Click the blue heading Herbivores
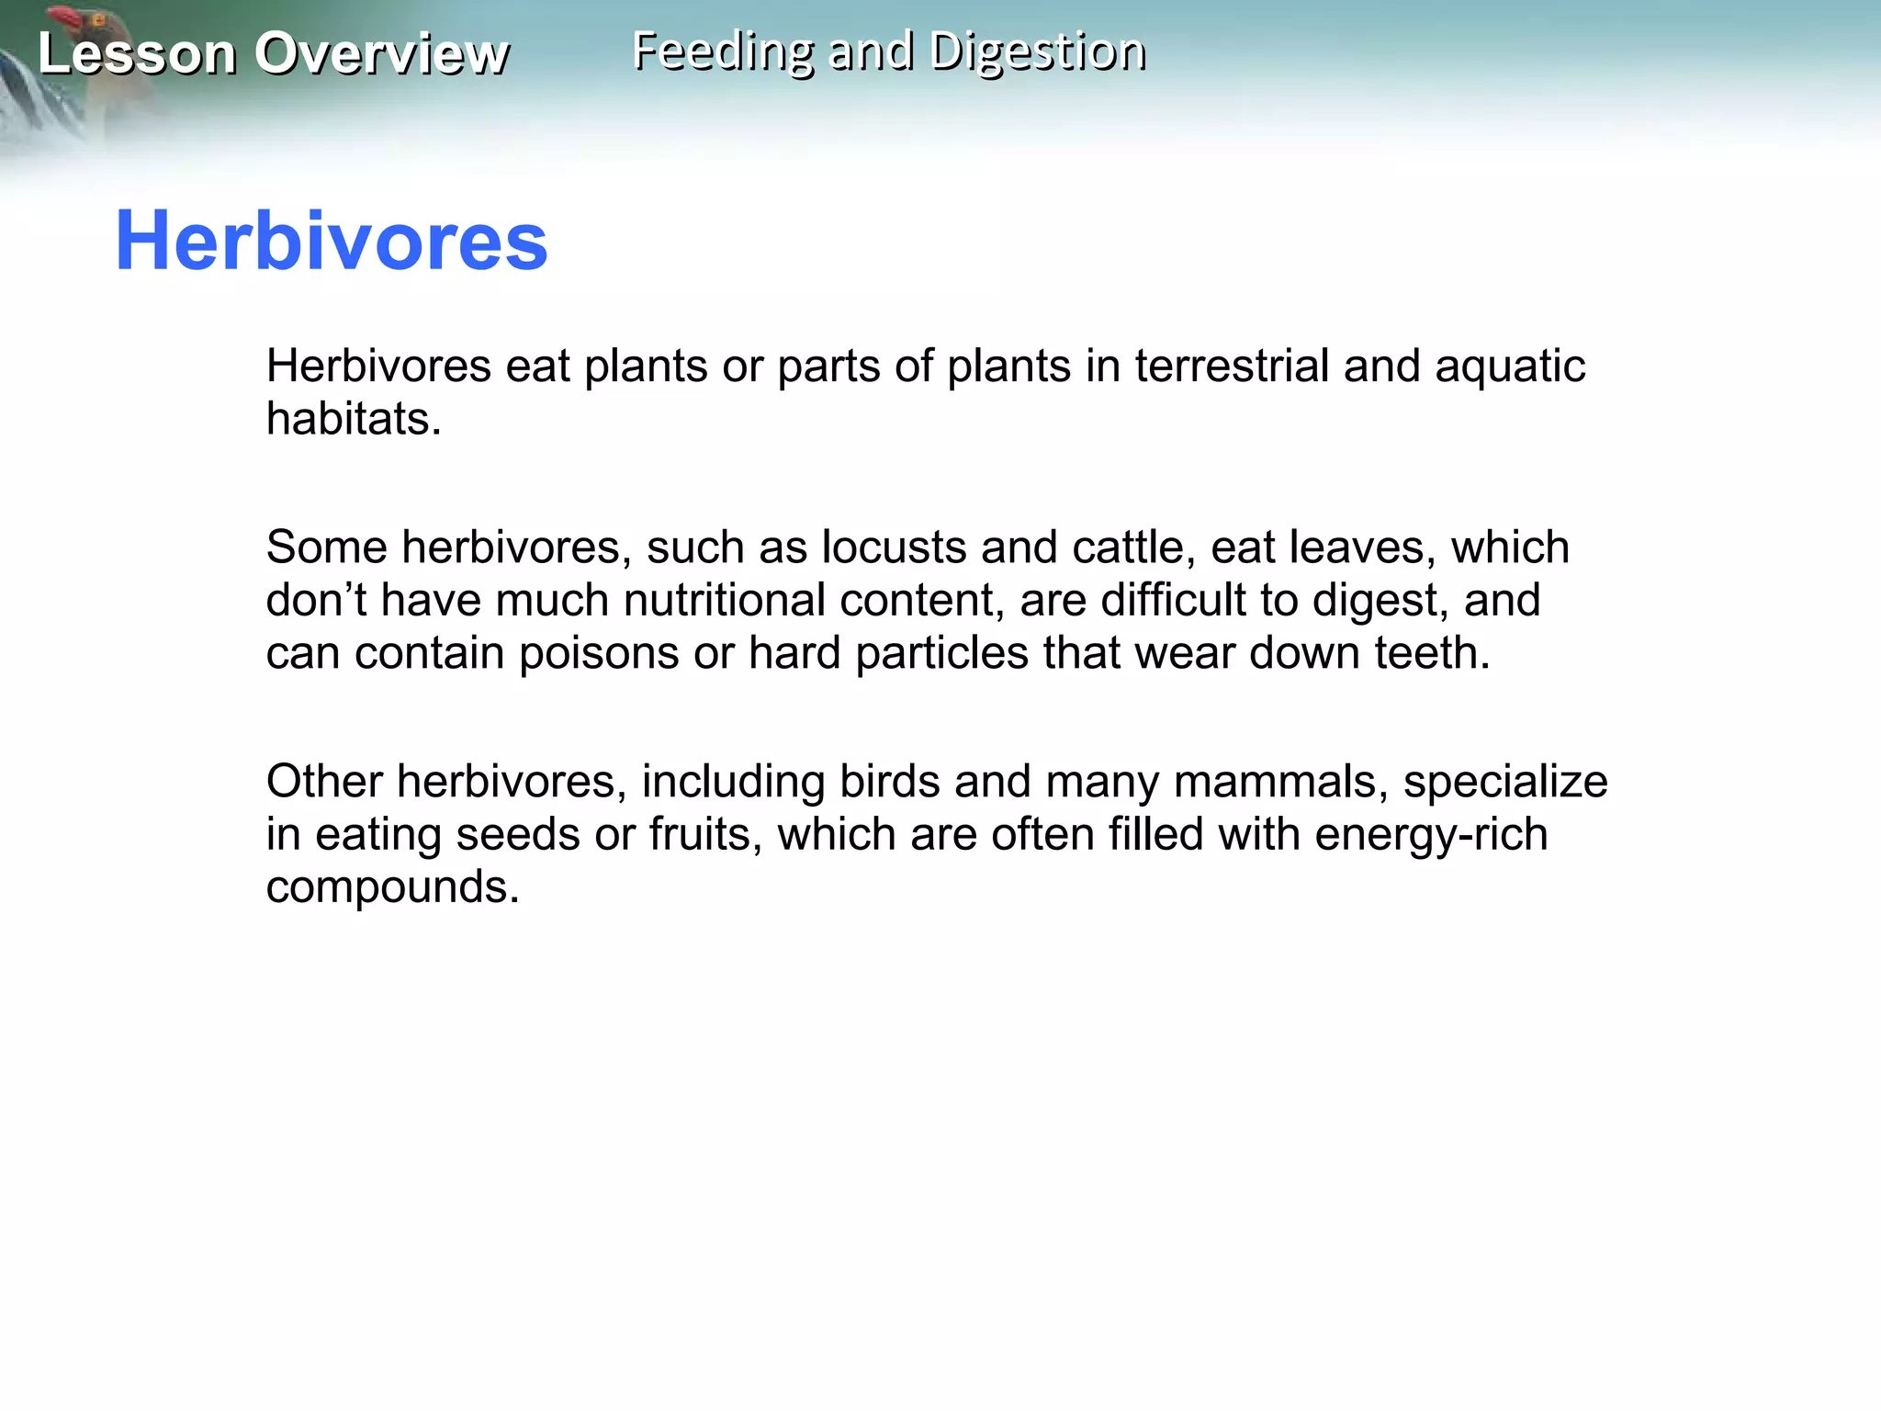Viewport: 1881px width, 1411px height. coord(331,241)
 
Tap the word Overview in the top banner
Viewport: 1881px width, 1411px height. coord(381,53)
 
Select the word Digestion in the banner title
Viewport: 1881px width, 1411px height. coord(1038,51)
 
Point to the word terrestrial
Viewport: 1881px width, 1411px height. coord(1232,366)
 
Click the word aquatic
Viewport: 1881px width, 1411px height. coord(1510,366)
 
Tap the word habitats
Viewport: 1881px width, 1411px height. coord(354,419)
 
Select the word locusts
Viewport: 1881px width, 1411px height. coord(893,547)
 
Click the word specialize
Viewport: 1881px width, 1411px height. coord(1505,782)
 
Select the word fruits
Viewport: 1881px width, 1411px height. coord(705,834)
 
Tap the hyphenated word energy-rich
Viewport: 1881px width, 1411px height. coord(1431,834)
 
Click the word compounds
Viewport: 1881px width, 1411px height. coord(392,887)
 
